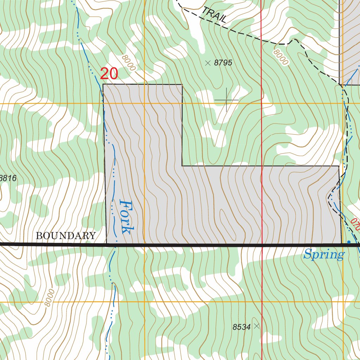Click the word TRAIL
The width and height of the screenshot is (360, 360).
pos(214,16)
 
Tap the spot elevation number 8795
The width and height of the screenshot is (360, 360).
pos(223,63)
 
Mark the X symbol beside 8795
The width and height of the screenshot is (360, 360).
pos(208,63)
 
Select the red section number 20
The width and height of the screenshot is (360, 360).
pos(109,74)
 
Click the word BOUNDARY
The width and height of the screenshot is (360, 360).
pos(66,236)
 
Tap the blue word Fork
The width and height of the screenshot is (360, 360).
pos(126,217)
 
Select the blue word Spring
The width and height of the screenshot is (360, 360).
pos(324,254)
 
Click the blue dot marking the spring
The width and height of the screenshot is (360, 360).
pos(349,242)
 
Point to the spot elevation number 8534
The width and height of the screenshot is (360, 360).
pos(242,327)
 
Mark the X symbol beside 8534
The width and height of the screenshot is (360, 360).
pos(257,326)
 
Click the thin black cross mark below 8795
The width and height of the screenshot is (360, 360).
pos(226,100)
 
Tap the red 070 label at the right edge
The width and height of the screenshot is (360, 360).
pos(355,224)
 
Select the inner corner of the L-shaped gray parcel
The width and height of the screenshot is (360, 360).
pos(182,166)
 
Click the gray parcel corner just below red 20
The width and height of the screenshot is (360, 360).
pos(103,84)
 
